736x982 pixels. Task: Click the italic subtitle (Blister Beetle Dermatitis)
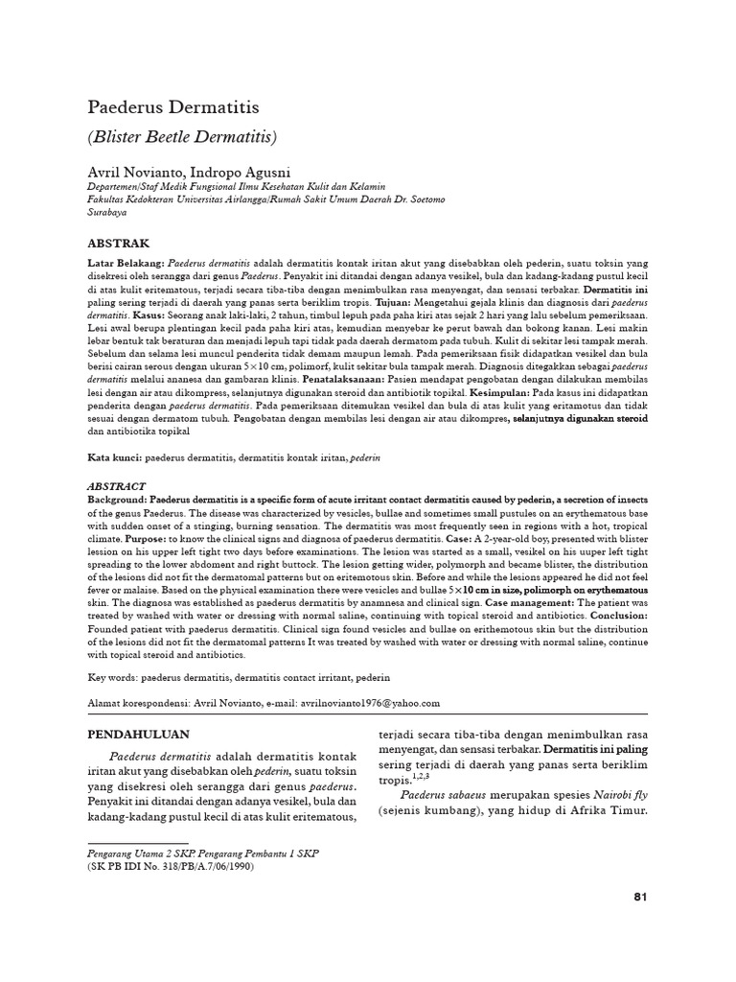point(182,137)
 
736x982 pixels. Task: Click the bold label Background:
point(118,500)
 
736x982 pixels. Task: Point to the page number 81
point(641,898)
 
